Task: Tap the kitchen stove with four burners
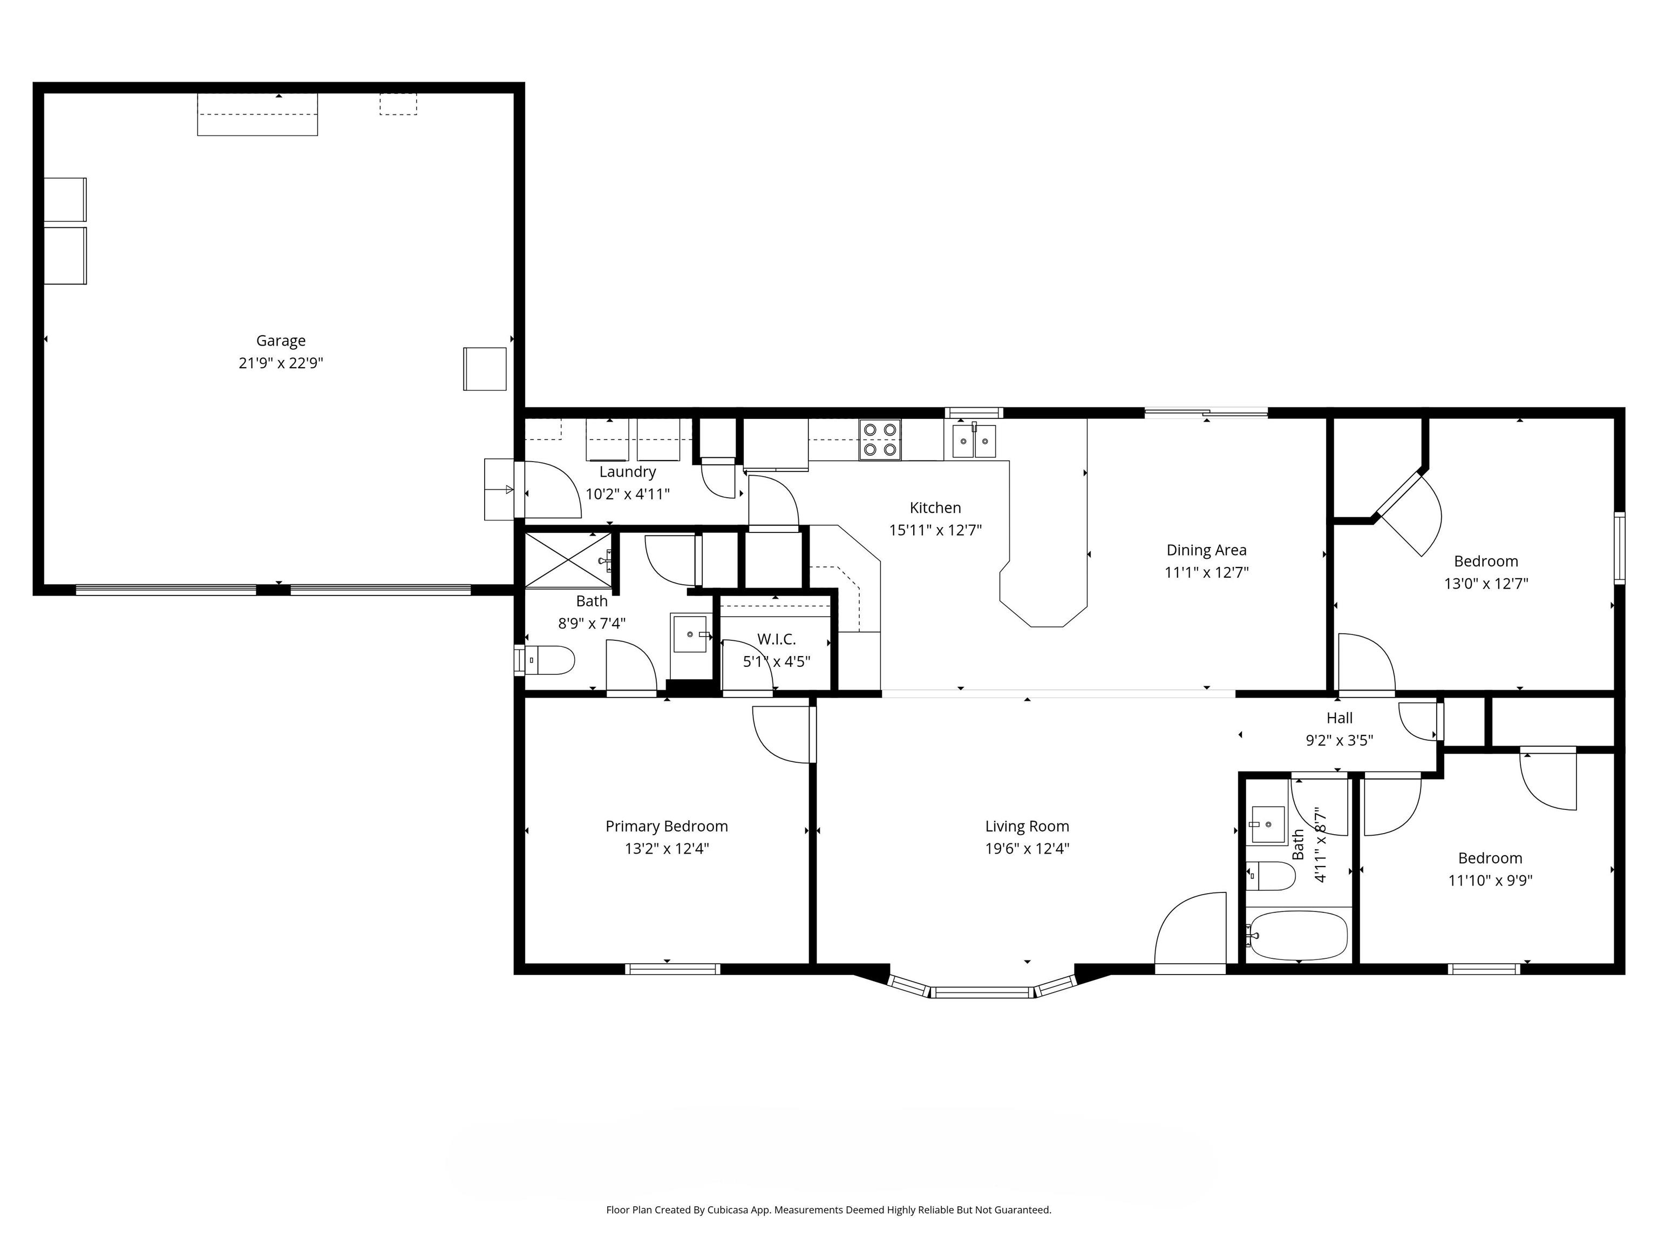pyautogui.click(x=879, y=440)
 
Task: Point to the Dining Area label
pyautogui.click(x=1206, y=550)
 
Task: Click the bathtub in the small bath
pyautogui.click(x=1297, y=935)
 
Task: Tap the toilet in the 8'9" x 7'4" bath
pyautogui.click(x=551, y=660)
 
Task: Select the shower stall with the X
pyautogui.click(x=567, y=560)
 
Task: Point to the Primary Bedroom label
pyautogui.click(x=667, y=826)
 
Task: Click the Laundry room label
pyautogui.click(x=627, y=472)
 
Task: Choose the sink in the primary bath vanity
pyautogui.click(x=690, y=634)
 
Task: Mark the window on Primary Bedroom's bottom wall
pyautogui.click(x=672, y=969)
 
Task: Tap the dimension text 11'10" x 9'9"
pyautogui.click(x=1490, y=880)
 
